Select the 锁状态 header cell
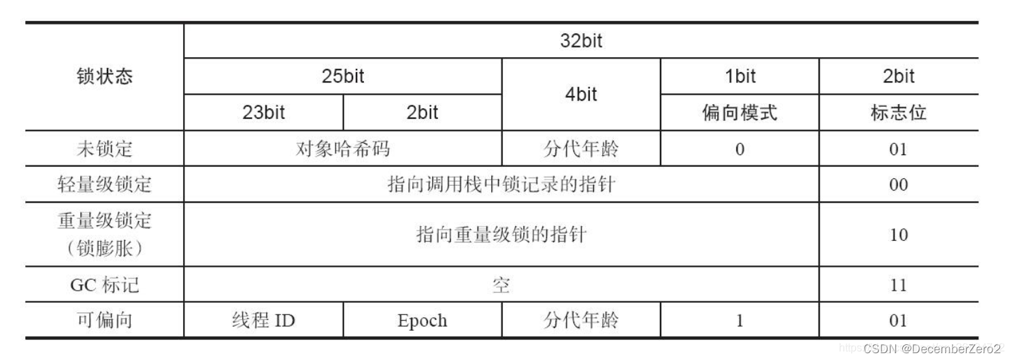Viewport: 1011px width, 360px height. tap(104, 76)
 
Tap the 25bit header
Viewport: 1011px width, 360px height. tap(343, 76)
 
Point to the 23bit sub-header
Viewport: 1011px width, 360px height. tap(263, 112)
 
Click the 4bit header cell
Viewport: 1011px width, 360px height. tap(581, 95)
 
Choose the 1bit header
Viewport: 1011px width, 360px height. tap(740, 76)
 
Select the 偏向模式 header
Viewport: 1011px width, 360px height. tap(740, 112)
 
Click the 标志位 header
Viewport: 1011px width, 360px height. tap(899, 112)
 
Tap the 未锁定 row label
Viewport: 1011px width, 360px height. tap(104, 148)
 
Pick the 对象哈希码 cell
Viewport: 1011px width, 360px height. tap(343, 148)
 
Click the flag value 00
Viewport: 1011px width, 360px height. tap(899, 184)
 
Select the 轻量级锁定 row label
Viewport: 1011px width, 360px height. tap(104, 184)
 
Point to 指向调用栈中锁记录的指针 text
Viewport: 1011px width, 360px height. tap(501, 184)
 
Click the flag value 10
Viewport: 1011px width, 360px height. tap(899, 235)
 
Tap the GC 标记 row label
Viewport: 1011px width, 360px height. tap(104, 284)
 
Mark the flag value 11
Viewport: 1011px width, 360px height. tap(899, 284)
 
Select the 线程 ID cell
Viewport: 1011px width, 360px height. tap(263, 320)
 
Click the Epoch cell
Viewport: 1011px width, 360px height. tap(422, 320)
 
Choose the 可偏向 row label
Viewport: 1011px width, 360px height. tap(104, 320)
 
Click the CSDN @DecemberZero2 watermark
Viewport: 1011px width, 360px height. tap(932, 348)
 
